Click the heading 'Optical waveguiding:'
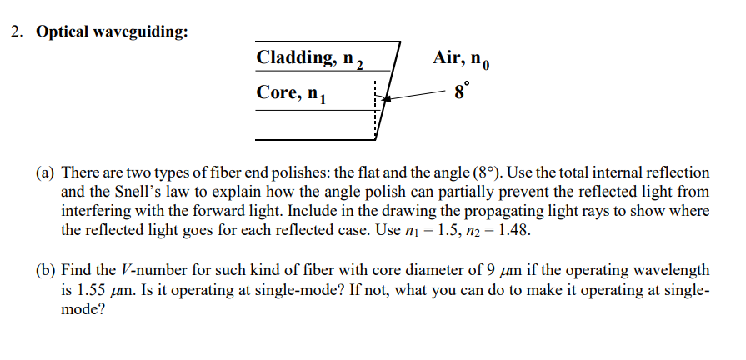point(112,32)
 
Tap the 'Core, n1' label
point(293,94)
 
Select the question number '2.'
point(17,32)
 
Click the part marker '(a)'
point(47,173)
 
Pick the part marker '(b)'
point(47,270)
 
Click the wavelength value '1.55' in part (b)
point(93,289)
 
